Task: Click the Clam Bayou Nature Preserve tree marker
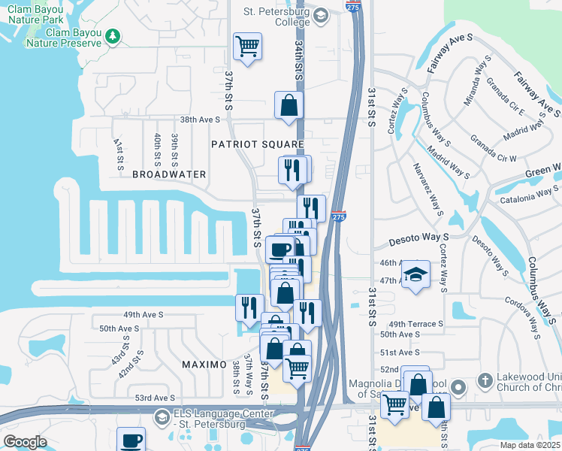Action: point(113,35)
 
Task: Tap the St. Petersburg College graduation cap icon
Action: point(321,15)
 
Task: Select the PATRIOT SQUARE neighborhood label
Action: point(257,144)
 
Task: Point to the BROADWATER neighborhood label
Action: point(169,174)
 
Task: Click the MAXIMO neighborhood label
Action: point(204,365)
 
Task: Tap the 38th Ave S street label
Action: point(199,120)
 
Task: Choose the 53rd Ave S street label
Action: point(156,398)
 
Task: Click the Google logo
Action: point(25,442)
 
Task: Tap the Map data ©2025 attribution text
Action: point(529,445)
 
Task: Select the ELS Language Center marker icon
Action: point(162,416)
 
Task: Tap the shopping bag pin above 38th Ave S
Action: point(289,107)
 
